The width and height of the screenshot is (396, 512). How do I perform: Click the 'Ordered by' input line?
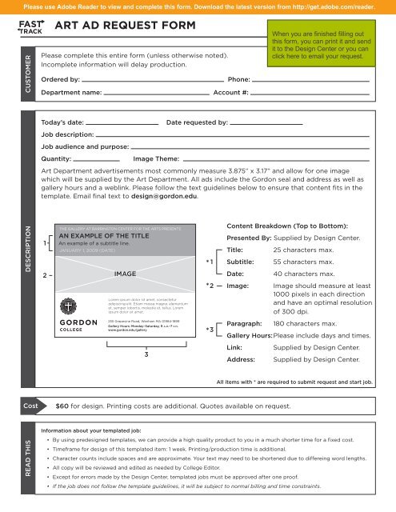(x=152, y=81)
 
